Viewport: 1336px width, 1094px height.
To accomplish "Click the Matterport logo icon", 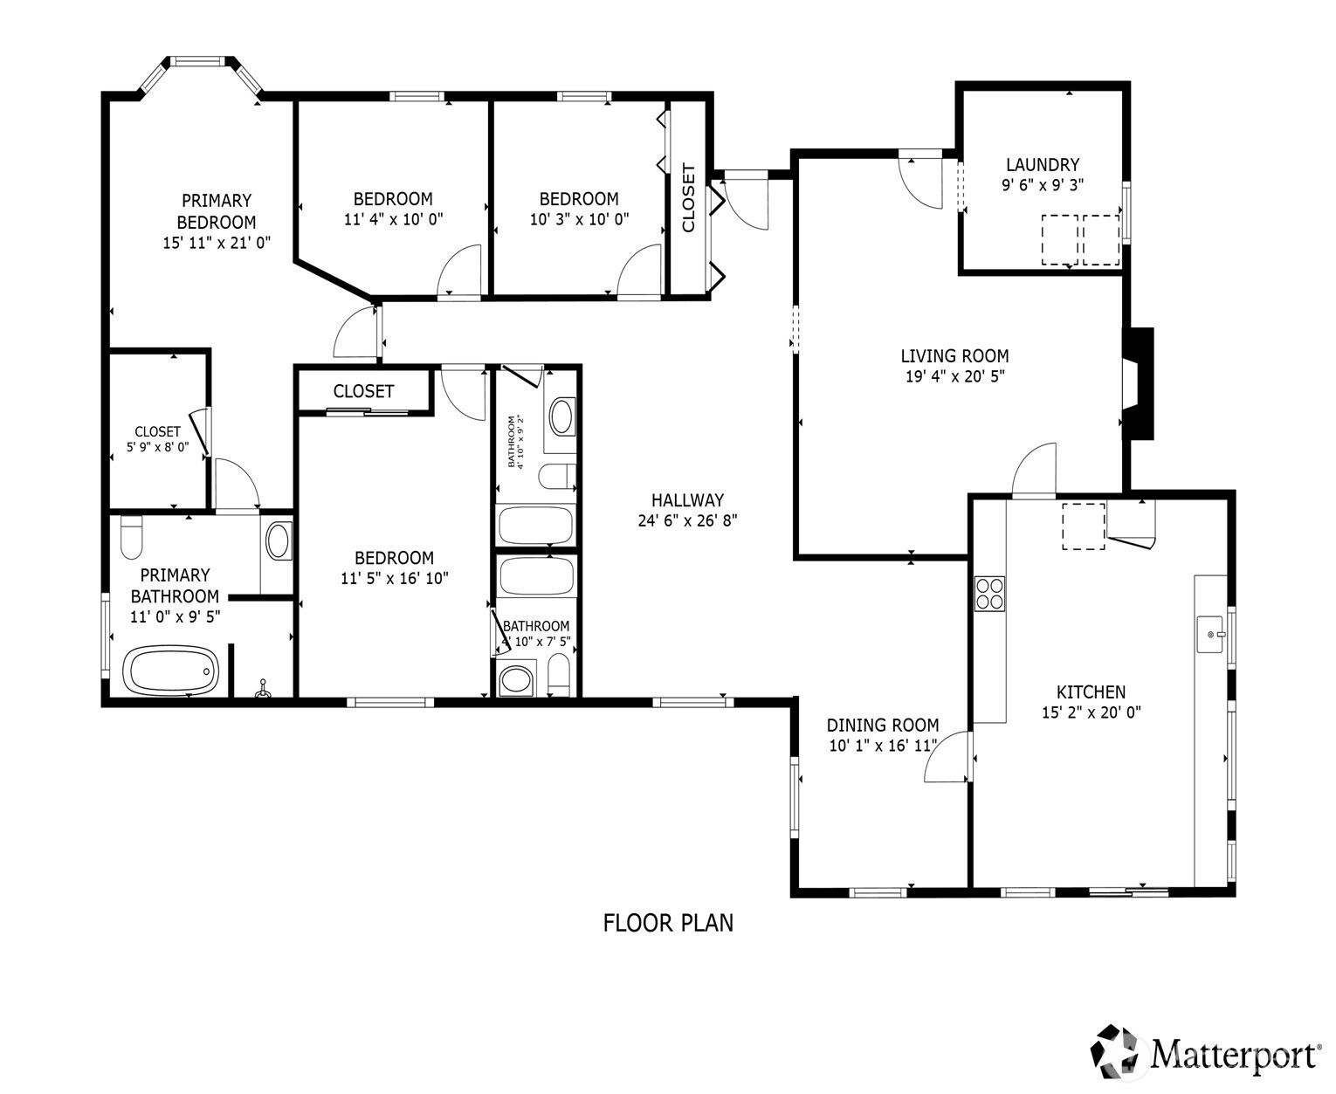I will click(1118, 1052).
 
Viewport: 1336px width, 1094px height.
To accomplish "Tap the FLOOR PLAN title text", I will click(668, 923).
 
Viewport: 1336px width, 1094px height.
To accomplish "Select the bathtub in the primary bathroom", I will click(172, 671).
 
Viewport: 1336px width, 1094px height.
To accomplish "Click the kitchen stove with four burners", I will click(990, 594).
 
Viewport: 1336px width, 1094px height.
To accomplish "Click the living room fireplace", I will click(1137, 383).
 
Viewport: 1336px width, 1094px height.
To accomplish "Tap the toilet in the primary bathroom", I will click(131, 537).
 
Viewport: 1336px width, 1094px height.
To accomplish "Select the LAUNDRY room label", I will click(1042, 164).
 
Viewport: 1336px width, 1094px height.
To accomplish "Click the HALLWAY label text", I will click(687, 500).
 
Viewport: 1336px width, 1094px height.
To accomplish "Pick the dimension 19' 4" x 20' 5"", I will click(954, 377).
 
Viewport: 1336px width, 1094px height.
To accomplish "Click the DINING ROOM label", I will click(882, 725).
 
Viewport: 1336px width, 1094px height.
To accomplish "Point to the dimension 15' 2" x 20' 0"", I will click(1091, 712).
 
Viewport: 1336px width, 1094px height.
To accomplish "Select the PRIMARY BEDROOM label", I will click(217, 211).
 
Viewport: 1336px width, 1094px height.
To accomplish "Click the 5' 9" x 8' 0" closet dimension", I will click(157, 446).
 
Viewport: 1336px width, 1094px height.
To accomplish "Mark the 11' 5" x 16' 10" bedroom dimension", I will click(394, 578).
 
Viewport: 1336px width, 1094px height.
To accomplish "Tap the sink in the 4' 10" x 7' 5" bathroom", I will click(515, 680).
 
